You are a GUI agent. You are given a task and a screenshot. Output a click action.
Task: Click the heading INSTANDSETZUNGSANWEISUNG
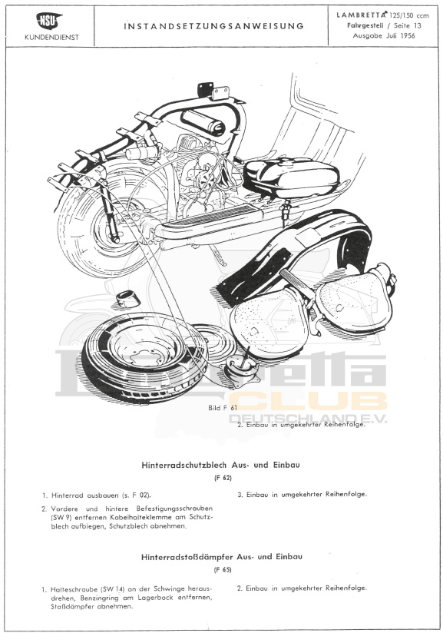[x=213, y=26]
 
